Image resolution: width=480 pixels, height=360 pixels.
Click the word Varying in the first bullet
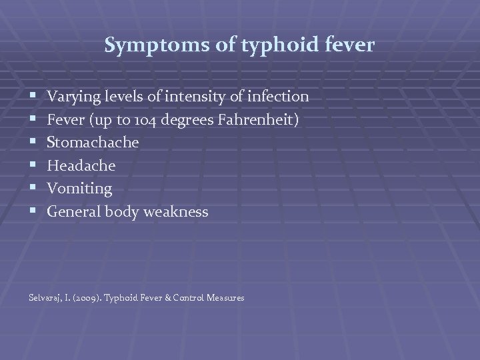click(x=72, y=97)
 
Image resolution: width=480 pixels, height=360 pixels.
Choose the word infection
click(x=277, y=97)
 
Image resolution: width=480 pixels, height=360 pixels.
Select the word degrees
click(x=175, y=120)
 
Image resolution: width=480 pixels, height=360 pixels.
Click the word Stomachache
click(x=93, y=143)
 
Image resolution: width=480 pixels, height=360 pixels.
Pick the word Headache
click(x=81, y=166)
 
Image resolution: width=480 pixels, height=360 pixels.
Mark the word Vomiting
click(x=79, y=189)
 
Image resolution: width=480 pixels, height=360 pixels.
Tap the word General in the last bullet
click(x=73, y=212)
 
